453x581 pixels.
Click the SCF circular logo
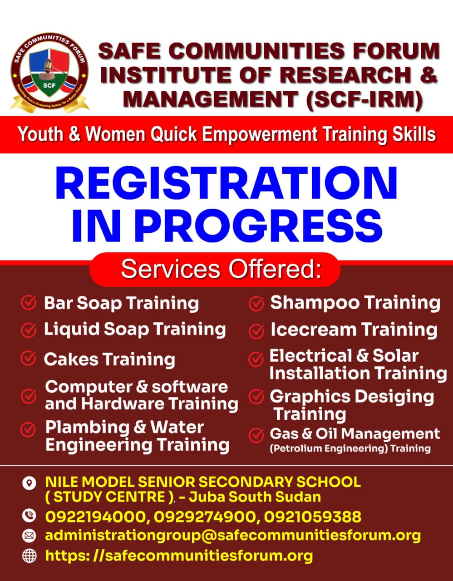coord(49,73)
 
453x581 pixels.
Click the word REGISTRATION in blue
coord(226,183)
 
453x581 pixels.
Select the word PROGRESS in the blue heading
coord(258,226)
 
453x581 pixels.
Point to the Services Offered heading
coord(222,269)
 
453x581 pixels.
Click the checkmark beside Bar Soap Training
coord(29,303)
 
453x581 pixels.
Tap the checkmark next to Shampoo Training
coord(256,303)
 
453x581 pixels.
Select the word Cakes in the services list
coord(71,359)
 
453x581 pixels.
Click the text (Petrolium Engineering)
coord(329,448)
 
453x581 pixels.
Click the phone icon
coord(29,516)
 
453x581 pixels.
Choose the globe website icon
coord(29,556)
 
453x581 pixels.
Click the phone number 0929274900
coord(205,516)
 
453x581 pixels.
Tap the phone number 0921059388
coord(313,516)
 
